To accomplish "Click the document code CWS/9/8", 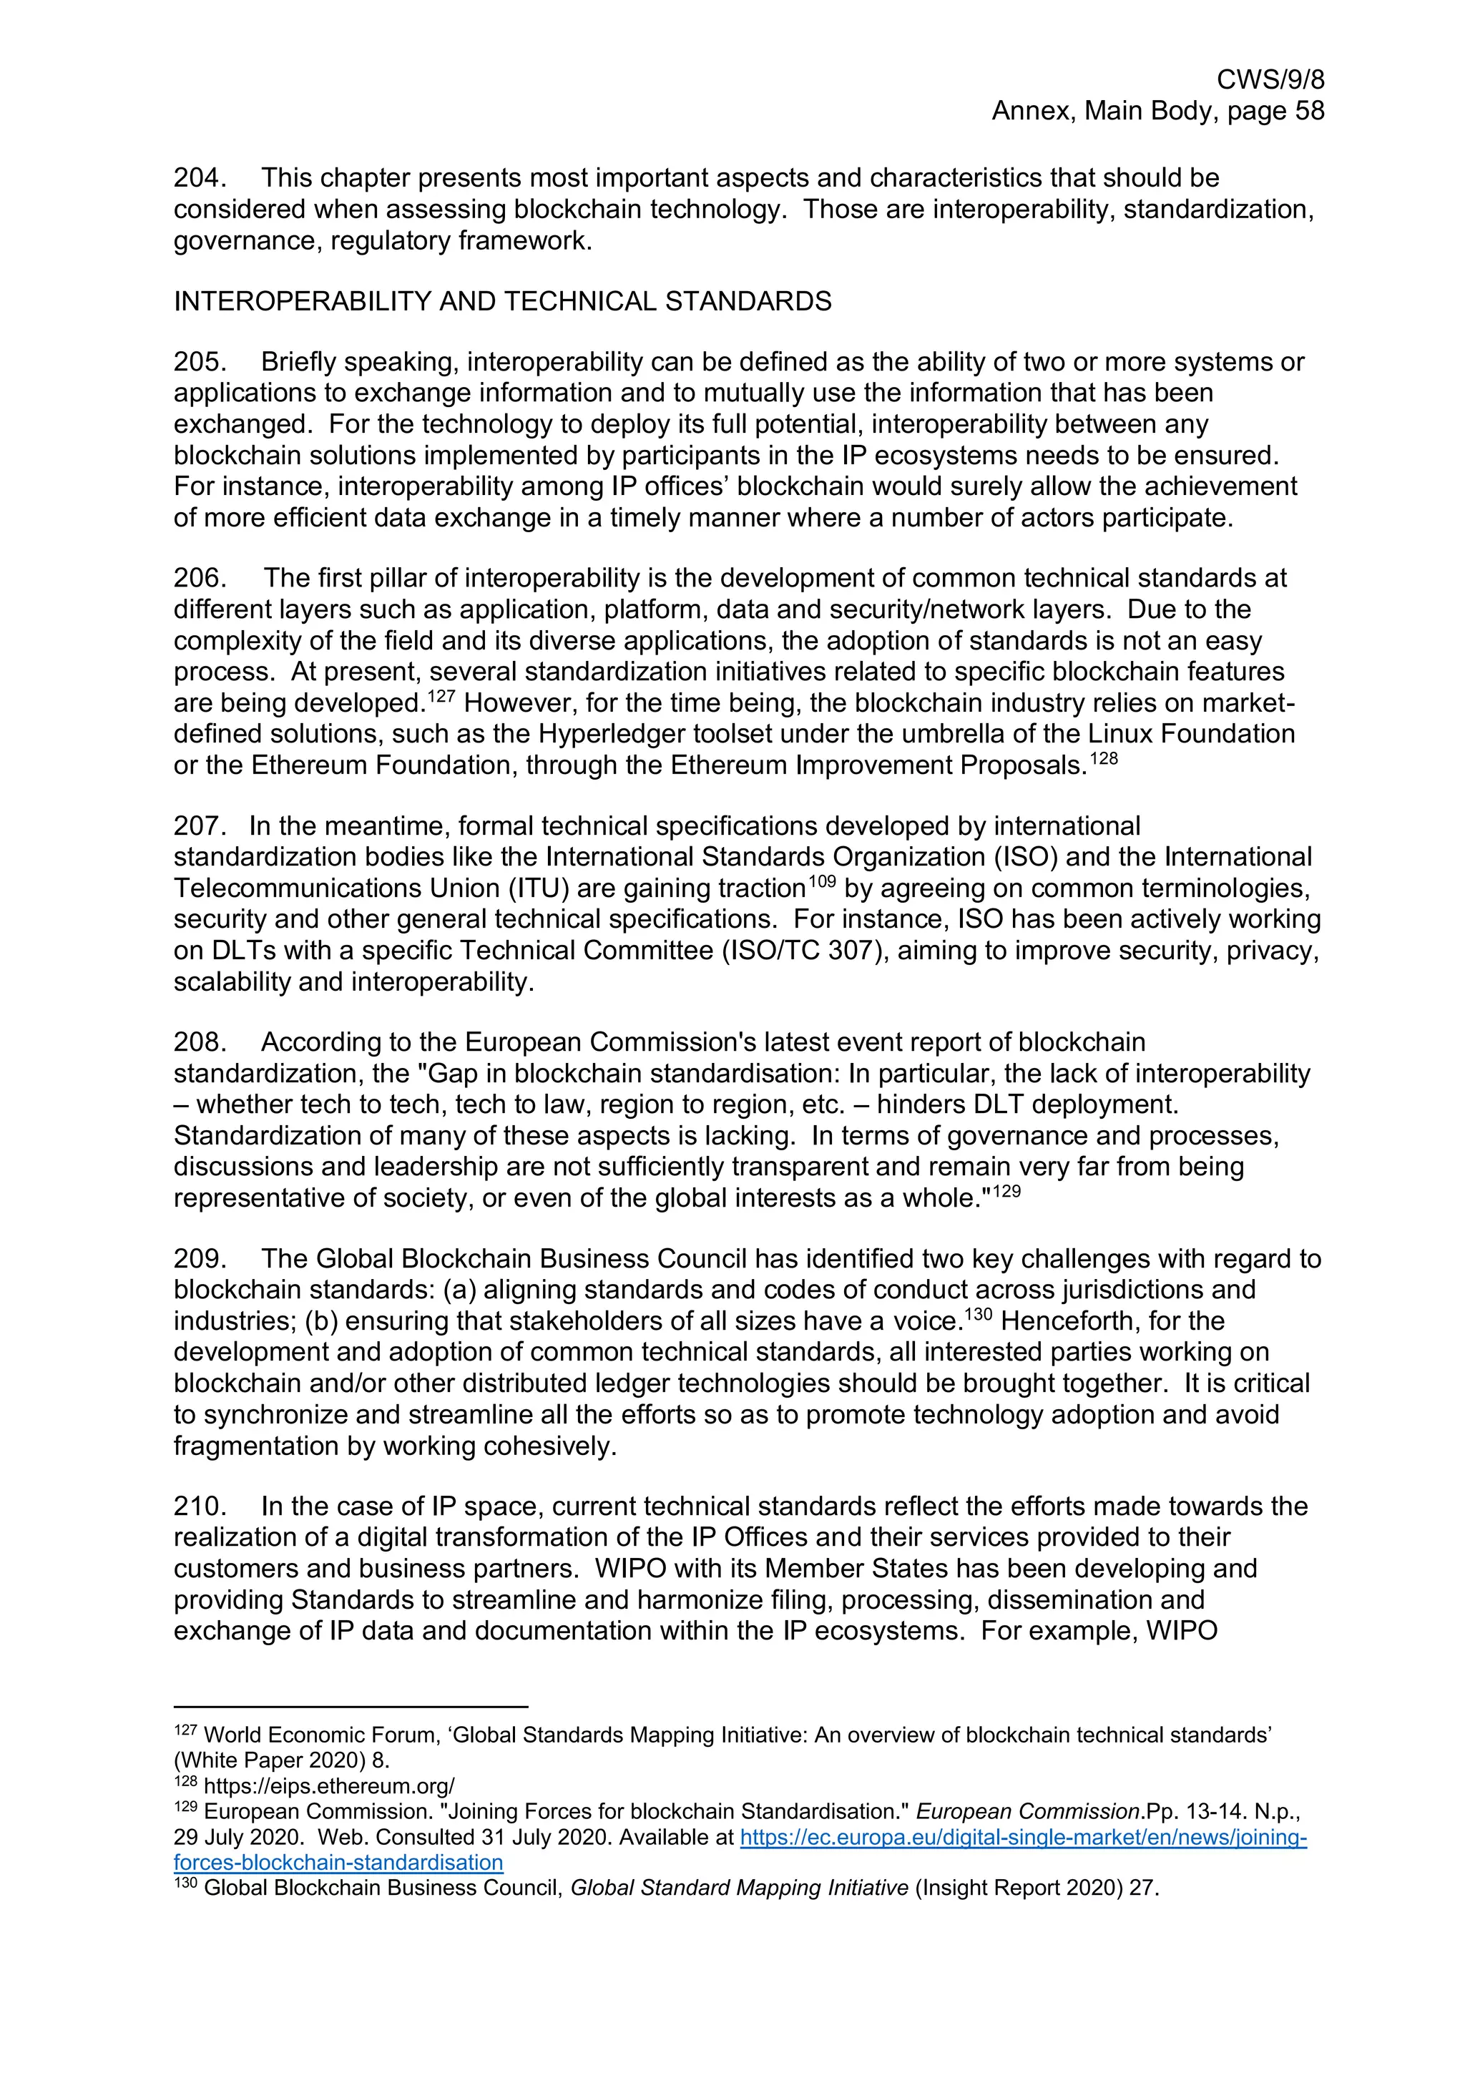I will pyautogui.click(x=1270, y=80).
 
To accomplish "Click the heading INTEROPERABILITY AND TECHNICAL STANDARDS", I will pyautogui.click(x=502, y=302).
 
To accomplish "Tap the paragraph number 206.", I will pyautogui.click(x=199, y=578).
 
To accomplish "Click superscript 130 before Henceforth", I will pyautogui.click(x=979, y=1315).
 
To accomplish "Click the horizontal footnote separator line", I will pyautogui.click(x=351, y=1707).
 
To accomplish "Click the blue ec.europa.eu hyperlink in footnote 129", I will pyautogui.click(x=1023, y=1838).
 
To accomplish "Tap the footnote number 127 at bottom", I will pyautogui.click(x=184, y=1731).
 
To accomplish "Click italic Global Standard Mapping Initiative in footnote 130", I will pyautogui.click(x=739, y=1888).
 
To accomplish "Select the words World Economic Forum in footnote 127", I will pyautogui.click(x=294, y=1735).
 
